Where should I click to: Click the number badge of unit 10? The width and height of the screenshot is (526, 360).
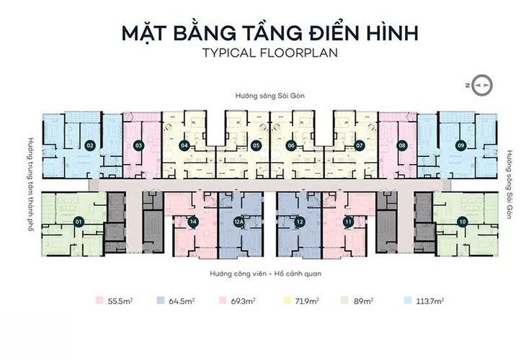click(461, 222)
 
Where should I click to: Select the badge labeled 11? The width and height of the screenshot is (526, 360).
click(349, 222)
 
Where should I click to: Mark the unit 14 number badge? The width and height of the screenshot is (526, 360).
click(193, 222)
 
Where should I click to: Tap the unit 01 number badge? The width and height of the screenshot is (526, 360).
click(79, 222)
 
